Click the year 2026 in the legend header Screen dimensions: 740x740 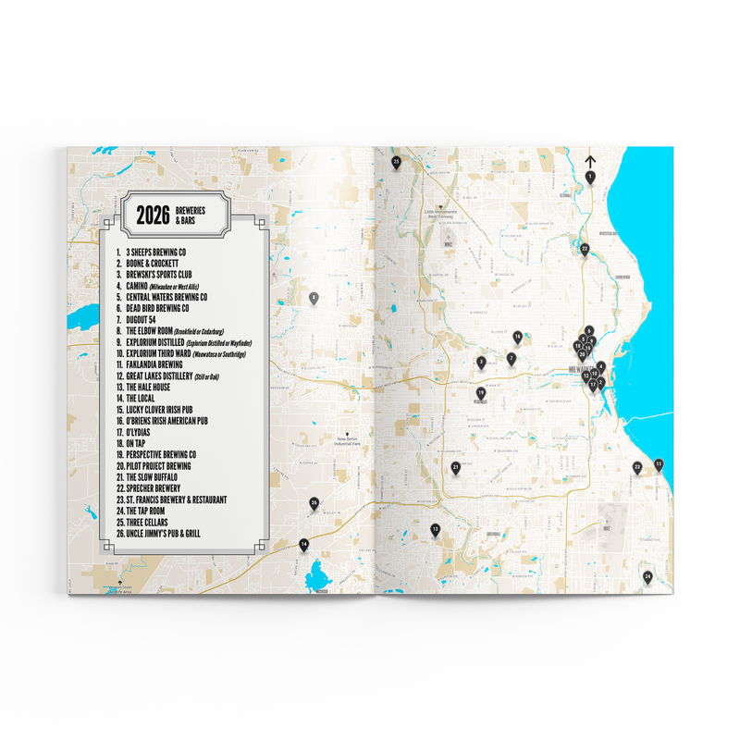(153, 216)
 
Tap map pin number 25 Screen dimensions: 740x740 (396, 162)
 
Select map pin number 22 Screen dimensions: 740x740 (584, 248)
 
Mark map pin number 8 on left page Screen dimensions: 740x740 (314, 298)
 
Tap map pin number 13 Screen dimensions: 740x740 (435, 529)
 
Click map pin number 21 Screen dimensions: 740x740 (456, 468)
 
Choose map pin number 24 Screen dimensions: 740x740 (647, 577)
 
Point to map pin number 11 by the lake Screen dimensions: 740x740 (658, 463)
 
